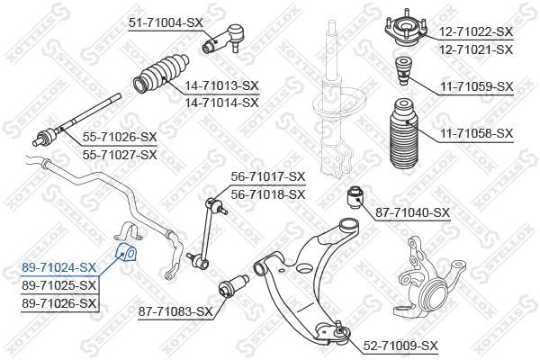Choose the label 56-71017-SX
click(x=267, y=176)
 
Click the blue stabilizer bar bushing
click(x=126, y=249)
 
